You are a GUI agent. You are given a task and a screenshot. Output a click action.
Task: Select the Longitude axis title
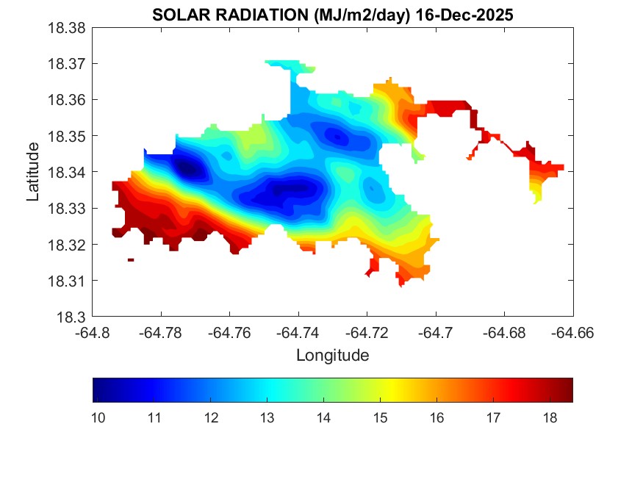(x=332, y=356)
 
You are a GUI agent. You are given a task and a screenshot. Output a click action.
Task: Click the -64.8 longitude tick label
(x=94, y=333)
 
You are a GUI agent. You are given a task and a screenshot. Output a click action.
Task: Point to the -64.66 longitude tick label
(x=573, y=333)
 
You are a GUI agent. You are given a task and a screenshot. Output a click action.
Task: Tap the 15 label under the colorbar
(x=380, y=418)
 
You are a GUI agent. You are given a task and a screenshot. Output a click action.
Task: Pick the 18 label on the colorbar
(x=549, y=418)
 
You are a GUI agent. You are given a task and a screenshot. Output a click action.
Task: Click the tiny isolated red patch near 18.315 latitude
(x=131, y=259)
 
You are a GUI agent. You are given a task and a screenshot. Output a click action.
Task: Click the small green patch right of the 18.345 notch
(x=418, y=155)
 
